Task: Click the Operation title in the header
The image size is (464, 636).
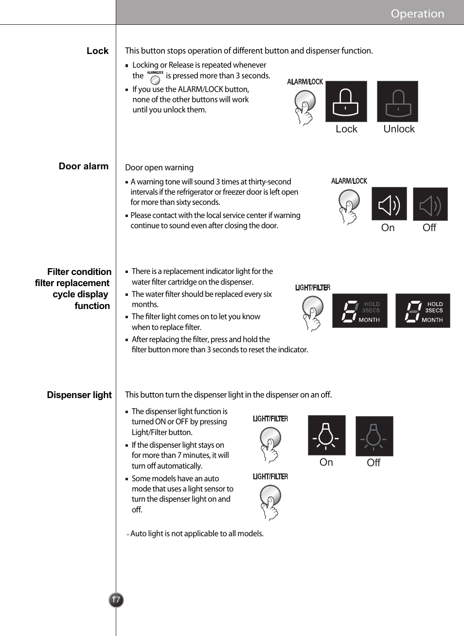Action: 417,14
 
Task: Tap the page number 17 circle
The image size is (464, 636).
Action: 116,600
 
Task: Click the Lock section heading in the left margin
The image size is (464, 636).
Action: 97,51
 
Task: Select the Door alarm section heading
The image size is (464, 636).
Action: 84,166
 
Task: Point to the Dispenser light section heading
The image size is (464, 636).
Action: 79,395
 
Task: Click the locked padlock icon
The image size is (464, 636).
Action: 346,102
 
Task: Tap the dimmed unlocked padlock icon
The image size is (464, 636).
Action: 397,102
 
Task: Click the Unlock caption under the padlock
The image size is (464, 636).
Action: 399,129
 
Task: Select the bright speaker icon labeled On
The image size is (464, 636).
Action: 389,204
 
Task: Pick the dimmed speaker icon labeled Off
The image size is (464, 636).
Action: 430,204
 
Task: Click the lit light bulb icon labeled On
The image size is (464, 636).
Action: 326,436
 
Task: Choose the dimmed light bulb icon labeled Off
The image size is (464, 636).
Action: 374,436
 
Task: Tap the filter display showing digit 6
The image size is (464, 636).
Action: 359,311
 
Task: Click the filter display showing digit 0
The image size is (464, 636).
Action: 422,311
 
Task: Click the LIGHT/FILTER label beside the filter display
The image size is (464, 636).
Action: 312,288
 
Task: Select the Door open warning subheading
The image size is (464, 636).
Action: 159,168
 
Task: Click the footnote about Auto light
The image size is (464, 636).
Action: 196,534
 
